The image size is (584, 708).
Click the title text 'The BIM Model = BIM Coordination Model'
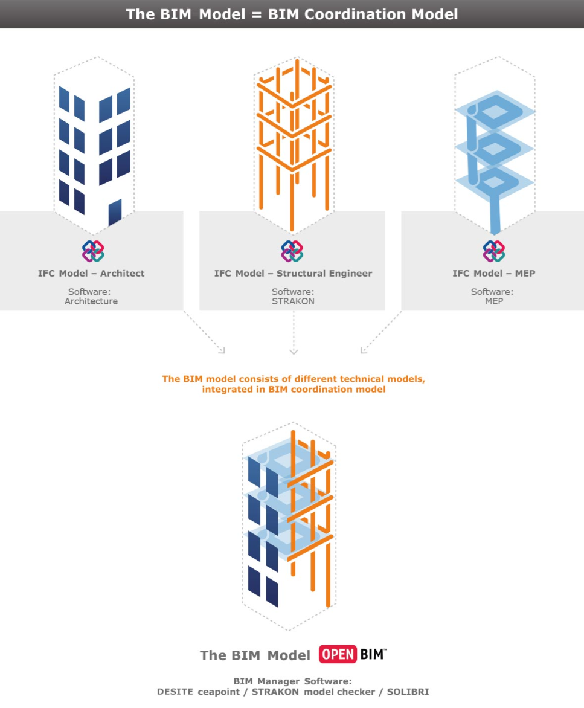[292, 14]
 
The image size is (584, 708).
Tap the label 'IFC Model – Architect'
[91, 273]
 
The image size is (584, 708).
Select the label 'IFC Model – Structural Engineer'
[293, 273]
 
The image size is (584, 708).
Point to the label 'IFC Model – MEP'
[493, 273]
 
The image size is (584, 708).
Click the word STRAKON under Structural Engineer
[293, 301]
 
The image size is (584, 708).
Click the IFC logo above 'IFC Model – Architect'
[93, 251]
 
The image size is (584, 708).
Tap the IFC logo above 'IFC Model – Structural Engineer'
[292, 251]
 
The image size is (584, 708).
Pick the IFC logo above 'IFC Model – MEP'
[493, 251]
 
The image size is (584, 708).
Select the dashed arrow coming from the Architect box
[205, 332]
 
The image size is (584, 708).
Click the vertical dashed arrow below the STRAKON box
[293, 332]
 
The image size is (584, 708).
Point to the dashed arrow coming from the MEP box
[380, 332]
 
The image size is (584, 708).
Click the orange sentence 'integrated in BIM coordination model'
[294, 390]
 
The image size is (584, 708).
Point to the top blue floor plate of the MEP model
[495, 110]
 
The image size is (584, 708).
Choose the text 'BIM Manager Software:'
[292, 681]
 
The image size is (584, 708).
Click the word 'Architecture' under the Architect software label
[91, 301]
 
